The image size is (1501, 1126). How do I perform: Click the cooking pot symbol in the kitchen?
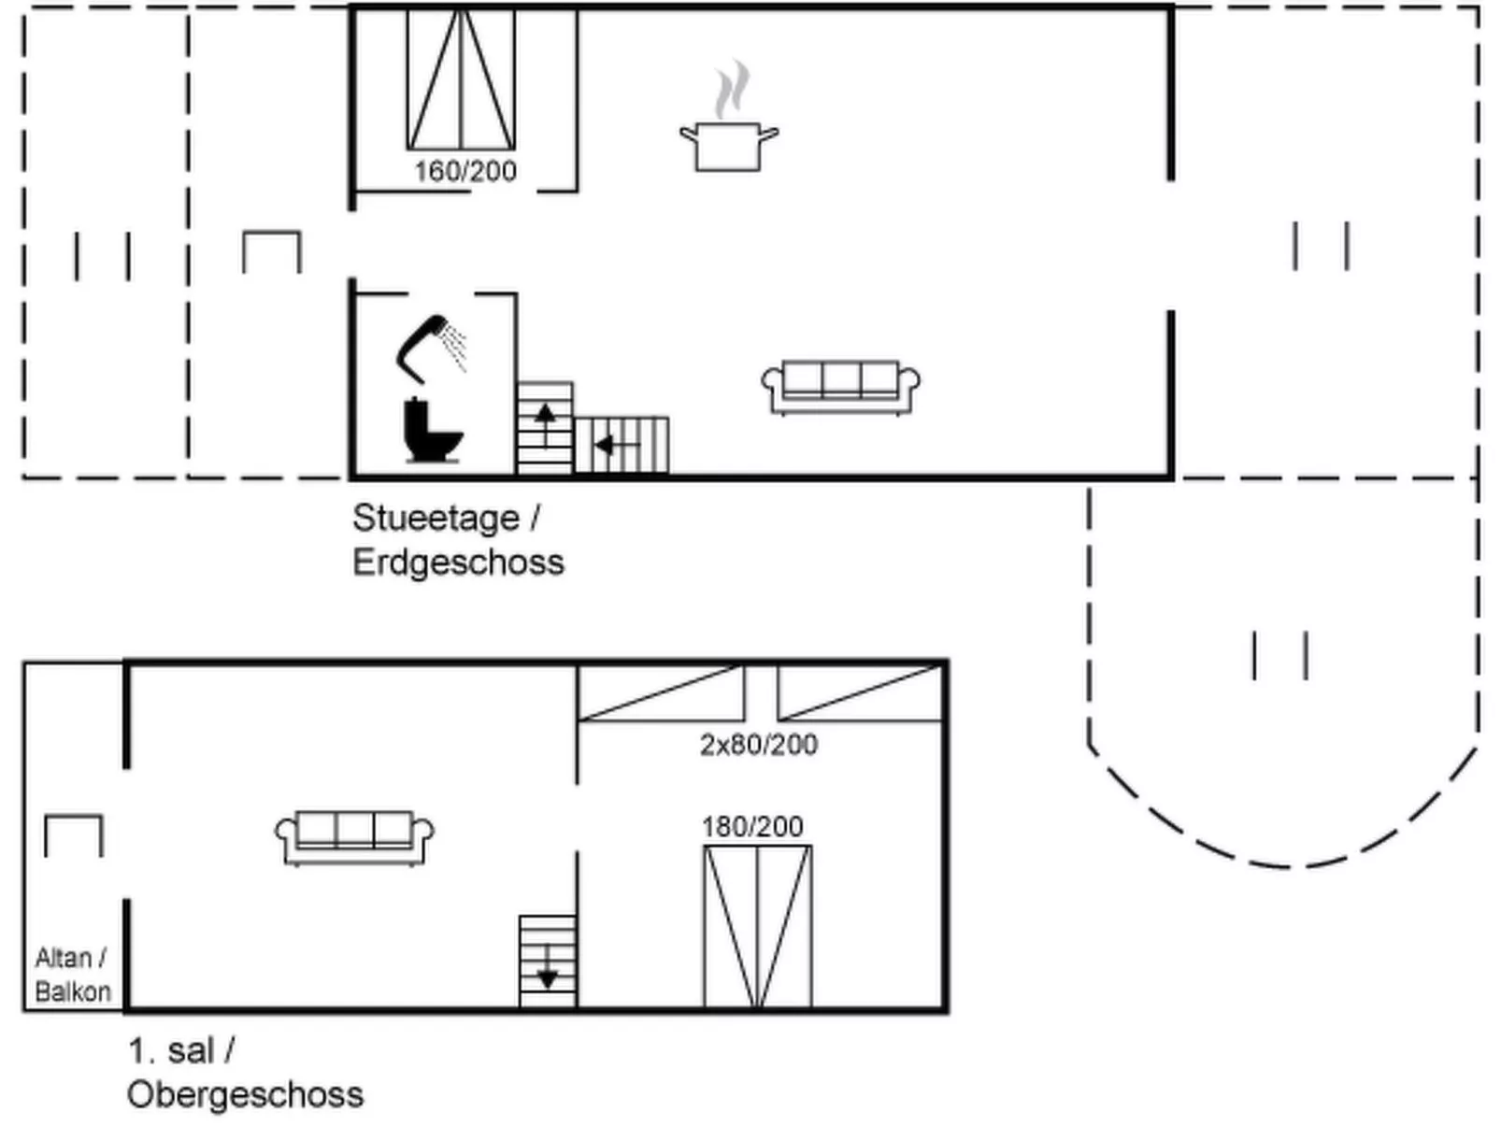pyautogui.click(x=729, y=116)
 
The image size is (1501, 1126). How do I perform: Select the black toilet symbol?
pyautogui.click(x=433, y=430)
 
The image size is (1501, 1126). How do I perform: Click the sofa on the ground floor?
pyautogui.click(x=840, y=387)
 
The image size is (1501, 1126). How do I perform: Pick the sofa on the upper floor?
pyautogui.click(x=354, y=838)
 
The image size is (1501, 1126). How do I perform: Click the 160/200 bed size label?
pyautogui.click(x=465, y=171)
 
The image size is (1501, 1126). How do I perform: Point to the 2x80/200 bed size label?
pyautogui.click(x=758, y=745)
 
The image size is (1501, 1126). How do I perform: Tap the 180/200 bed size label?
pyautogui.click(x=752, y=827)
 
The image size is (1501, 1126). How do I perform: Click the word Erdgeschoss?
pyautogui.click(x=458, y=563)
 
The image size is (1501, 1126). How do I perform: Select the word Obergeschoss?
pyautogui.click(x=246, y=1094)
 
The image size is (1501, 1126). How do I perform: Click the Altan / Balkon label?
pyautogui.click(x=73, y=975)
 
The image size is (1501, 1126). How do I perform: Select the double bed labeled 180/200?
pyautogui.click(x=758, y=926)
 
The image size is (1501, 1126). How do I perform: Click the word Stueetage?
pyautogui.click(x=436, y=519)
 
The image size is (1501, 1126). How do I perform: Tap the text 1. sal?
pyautogui.click(x=172, y=1051)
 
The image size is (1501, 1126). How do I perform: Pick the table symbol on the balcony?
pyautogui.click(x=74, y=835)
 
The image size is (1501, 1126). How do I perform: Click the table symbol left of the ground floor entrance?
pyautogui.click(x=272, y=252)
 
